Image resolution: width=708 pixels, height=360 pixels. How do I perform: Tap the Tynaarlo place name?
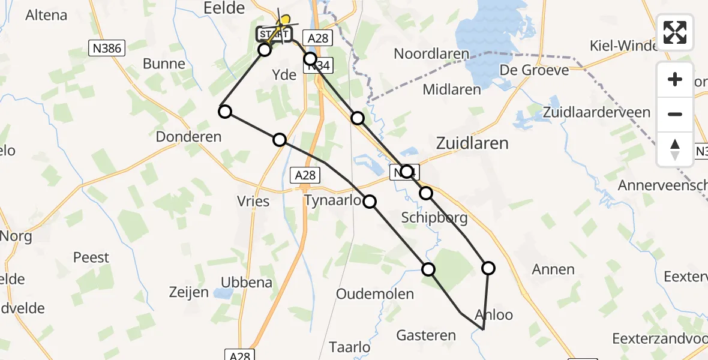(x=332, y=200)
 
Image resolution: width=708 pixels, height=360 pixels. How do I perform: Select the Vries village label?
(x=254, y=202)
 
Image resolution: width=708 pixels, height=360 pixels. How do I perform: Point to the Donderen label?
(x=188, y=137)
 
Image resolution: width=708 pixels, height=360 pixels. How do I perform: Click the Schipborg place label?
(x=434, y=217)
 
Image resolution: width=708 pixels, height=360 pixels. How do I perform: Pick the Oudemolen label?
(x=375, y=294)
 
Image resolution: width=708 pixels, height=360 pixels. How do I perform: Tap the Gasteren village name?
(x=426, y=335)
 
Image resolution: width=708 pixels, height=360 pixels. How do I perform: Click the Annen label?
(x=553, y=269)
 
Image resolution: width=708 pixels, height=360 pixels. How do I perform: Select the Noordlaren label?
(x=431, y=54)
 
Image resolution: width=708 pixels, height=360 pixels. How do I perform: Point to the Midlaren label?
(x=452, y=90)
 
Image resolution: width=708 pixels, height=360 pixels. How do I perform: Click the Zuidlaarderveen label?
(x=596, y=112)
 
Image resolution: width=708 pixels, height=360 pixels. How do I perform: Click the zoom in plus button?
(x=675, y=79)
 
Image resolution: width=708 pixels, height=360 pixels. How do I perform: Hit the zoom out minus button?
(x=675, y=114)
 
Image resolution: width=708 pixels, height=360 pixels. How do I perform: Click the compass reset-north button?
(x=675, y=149)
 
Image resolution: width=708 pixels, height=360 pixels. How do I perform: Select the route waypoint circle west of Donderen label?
(x=224, y=111)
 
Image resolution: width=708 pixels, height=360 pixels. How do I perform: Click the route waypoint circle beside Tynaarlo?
(x=370, y=202)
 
